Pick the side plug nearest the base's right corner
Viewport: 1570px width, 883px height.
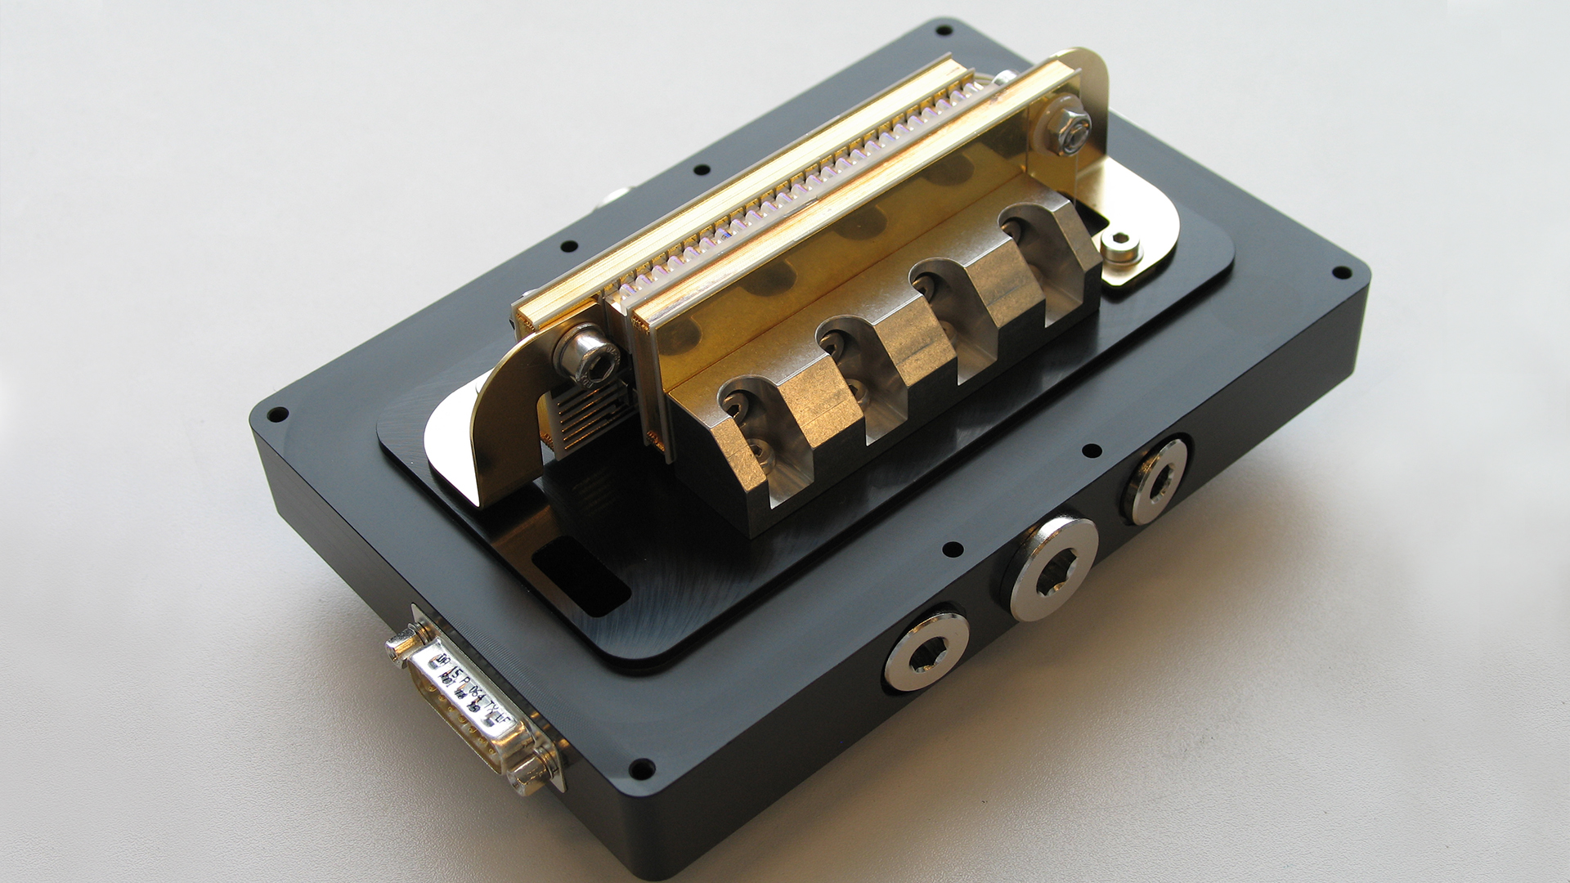[1155, 482]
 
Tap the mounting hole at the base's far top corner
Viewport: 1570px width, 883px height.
[943, 30]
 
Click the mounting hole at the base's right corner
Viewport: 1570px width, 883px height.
[1338, 274]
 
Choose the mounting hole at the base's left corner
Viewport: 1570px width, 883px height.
[277, 414]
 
